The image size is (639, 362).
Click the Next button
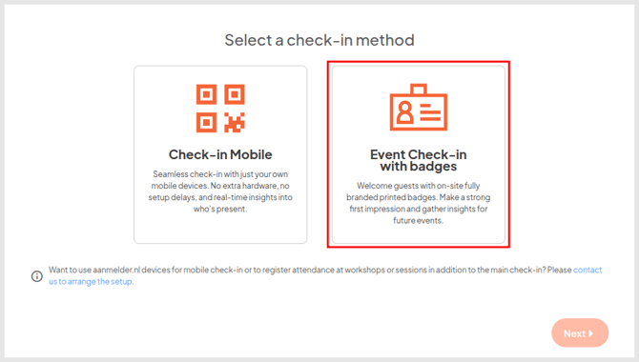pyautogui.click(x=579, y=333)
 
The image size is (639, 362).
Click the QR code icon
pyautogui.click(x=220, y=108)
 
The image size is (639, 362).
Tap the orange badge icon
pyautogui.click(x=418, y=108)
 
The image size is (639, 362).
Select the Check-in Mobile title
pyautogui.click(x=220, y=154)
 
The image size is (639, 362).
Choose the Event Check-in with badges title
pyautogui.click(x=418, y=161)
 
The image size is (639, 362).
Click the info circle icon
pyautogui.click(x=37, y=276)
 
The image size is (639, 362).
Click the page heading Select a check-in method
pyautogui.click(x=319, y=40)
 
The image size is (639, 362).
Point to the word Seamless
pyautogui.click(x=173, y=174)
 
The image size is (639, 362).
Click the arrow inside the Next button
pyautogui.click(x=591, y=333)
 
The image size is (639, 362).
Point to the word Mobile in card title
pyautogui.click(x=250, y=154)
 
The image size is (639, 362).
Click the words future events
pyautogui.click(x=418, y=220)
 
